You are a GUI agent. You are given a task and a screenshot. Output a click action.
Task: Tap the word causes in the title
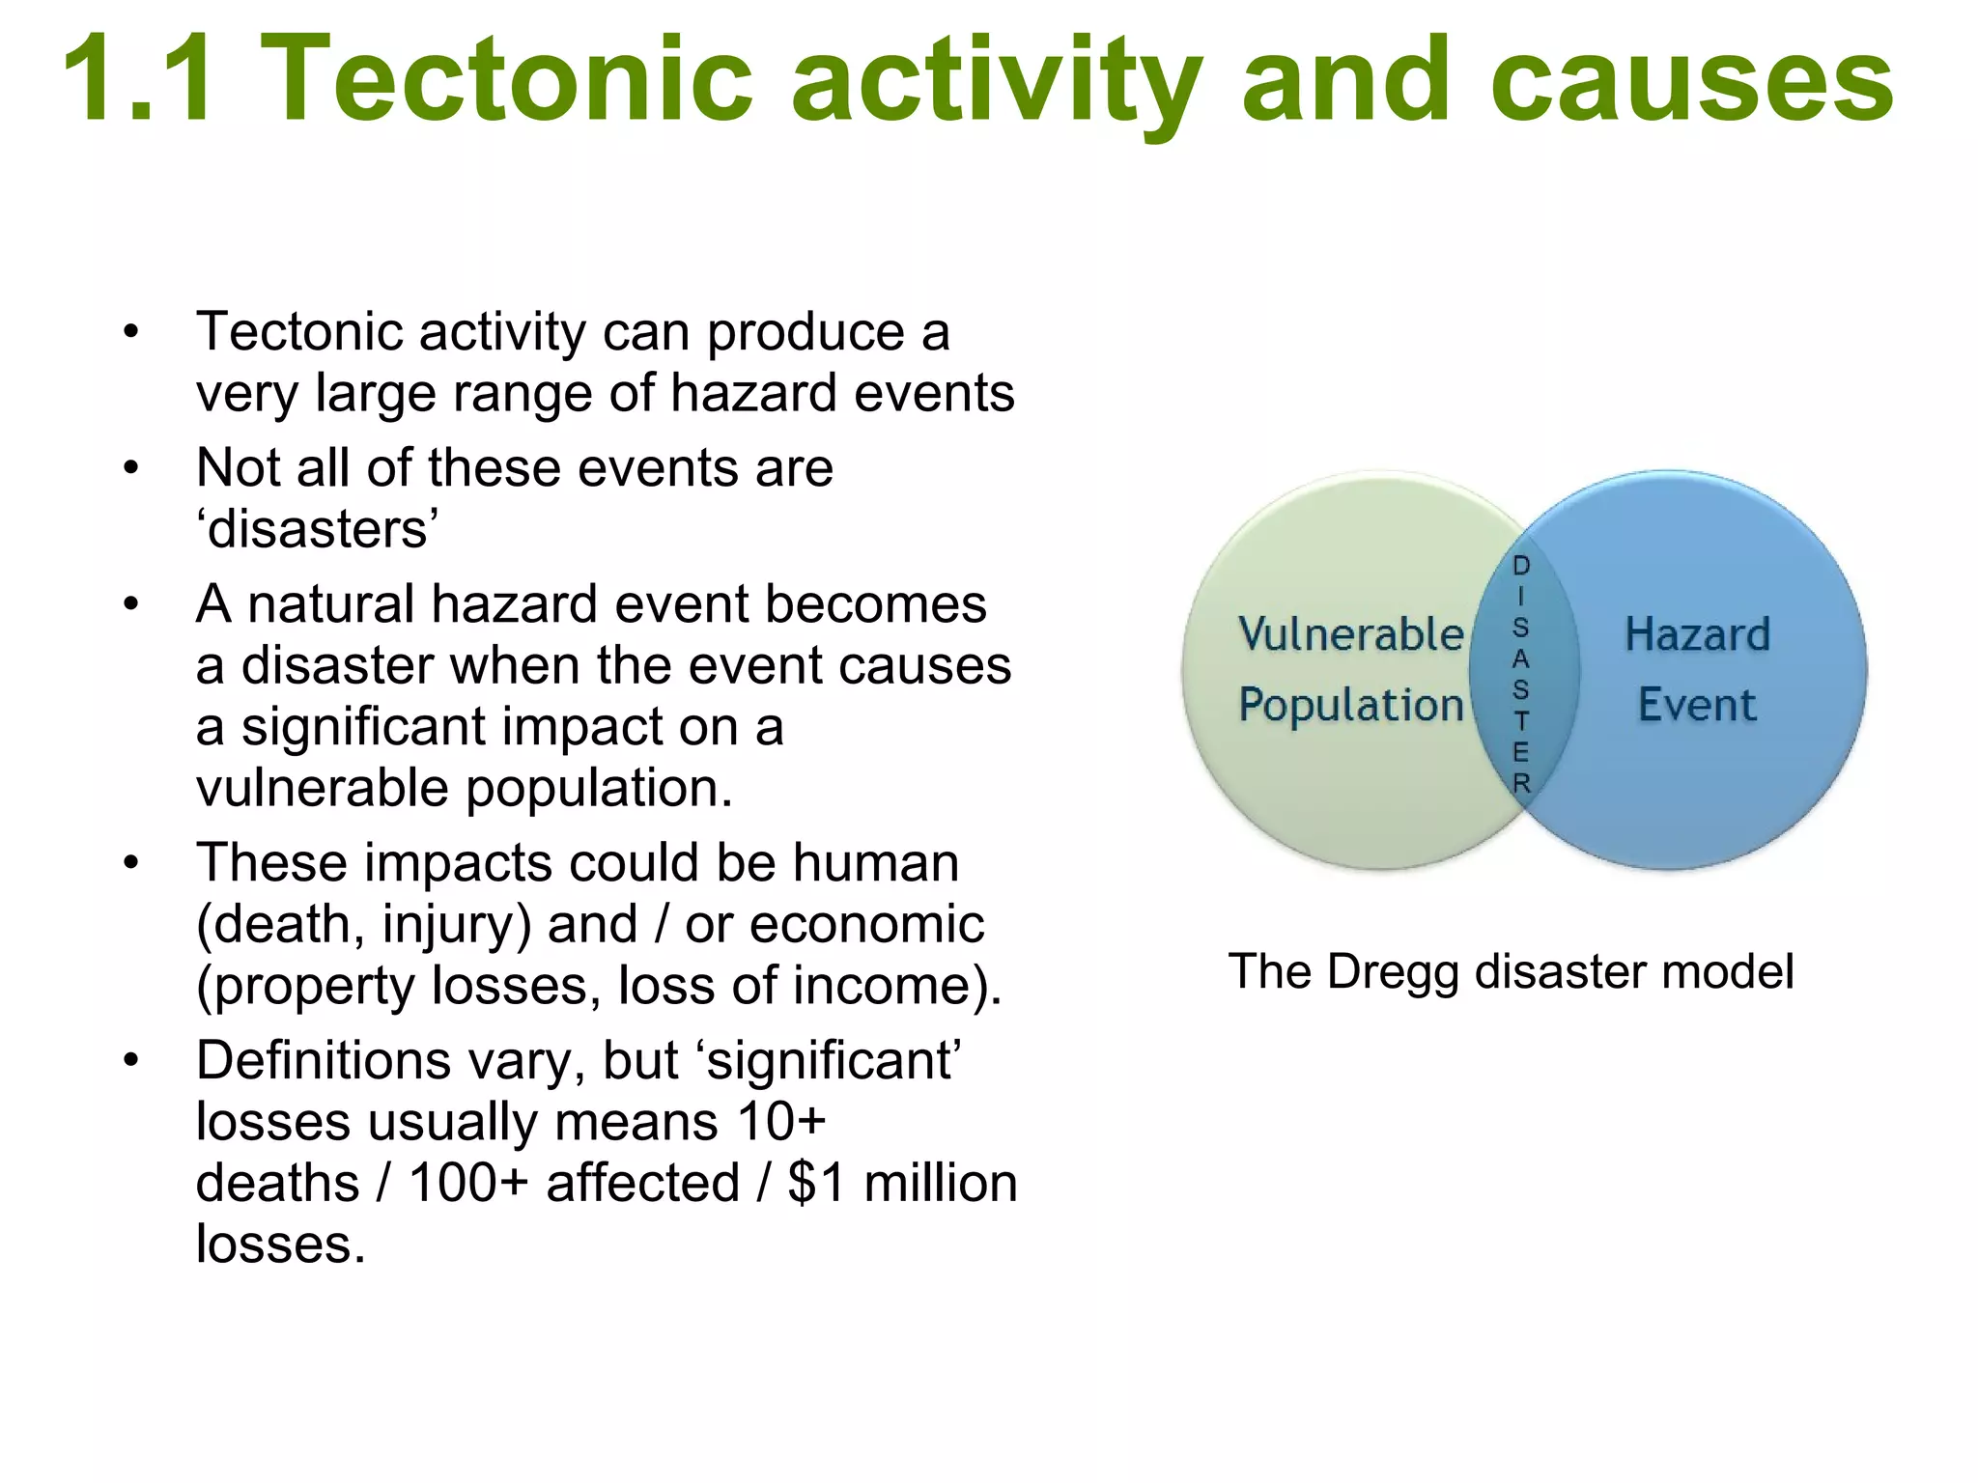[x=1691, y=82]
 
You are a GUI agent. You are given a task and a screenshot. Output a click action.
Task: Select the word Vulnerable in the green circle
[x=1350, y=634]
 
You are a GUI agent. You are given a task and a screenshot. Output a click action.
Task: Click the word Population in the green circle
[x=1350, y=705]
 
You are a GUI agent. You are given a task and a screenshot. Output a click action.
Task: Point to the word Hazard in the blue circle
[x=1697, y=634]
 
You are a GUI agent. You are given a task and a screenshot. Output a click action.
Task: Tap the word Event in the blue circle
[x=1697, y=705]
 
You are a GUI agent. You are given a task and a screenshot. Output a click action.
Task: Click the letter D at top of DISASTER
[x=1521, y=566]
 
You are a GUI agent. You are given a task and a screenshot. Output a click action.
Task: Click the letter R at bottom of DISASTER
[x=1522, y=783]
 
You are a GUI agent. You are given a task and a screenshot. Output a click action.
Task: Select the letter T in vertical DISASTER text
[x=1521, y=721]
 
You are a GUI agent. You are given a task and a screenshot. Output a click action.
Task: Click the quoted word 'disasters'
[x=318, y=529]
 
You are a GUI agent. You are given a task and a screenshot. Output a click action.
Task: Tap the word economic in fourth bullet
[x=866, y=924]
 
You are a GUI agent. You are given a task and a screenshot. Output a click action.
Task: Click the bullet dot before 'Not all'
[x=131, y=469]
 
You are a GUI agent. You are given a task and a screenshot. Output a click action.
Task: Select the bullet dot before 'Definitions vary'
[x=131, y=1061]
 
